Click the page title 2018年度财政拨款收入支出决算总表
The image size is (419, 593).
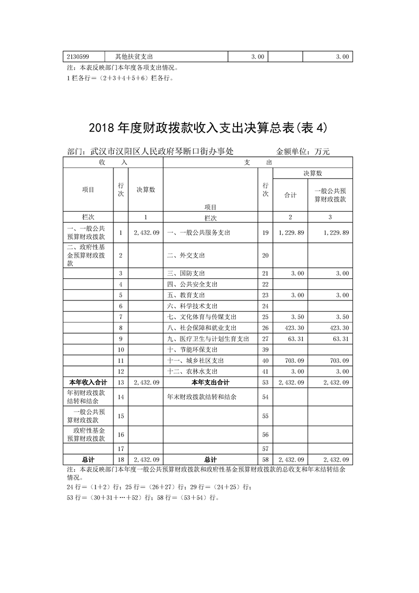click(x=208, y=128)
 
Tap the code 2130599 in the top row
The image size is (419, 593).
click(x=78, y=57)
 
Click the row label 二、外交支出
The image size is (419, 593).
click(x=186, y=256)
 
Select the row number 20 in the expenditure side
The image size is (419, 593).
click(x=265, y=256)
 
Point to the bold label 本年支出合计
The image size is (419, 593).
click(x=210, y=382)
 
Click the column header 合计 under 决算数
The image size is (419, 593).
click(x=290, y=195)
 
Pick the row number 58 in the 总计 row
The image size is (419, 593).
click(x=265, y=460)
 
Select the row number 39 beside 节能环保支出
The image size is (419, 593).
click(x=265, y=350)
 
